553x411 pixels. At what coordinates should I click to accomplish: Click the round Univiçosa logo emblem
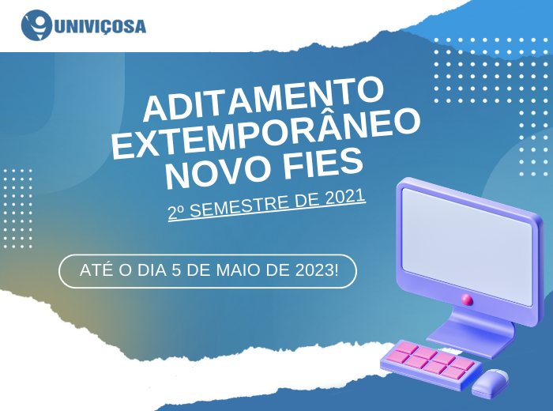[x=36, y=25]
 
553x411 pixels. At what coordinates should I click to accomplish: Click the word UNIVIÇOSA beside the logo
[x=100, y=26]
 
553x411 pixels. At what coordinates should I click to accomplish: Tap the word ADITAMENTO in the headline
[x=263, y=99]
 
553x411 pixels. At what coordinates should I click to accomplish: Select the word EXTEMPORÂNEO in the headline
[x=266, y=134]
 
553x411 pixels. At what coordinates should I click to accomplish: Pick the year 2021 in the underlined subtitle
[x=344, y=198]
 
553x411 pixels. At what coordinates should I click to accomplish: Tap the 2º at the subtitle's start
[x=176, y=212]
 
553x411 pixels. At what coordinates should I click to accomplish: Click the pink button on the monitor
[x=468, y=300]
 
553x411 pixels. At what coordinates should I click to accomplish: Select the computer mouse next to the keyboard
[x=491, y=383]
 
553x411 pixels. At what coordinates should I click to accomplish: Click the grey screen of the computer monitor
[x=468, y=246]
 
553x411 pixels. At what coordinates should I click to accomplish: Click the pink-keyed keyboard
[x=431, y=364]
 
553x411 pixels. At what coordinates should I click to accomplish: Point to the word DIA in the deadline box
[x=152, y=270]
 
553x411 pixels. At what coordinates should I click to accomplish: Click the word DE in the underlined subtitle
[x=307, y=201]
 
